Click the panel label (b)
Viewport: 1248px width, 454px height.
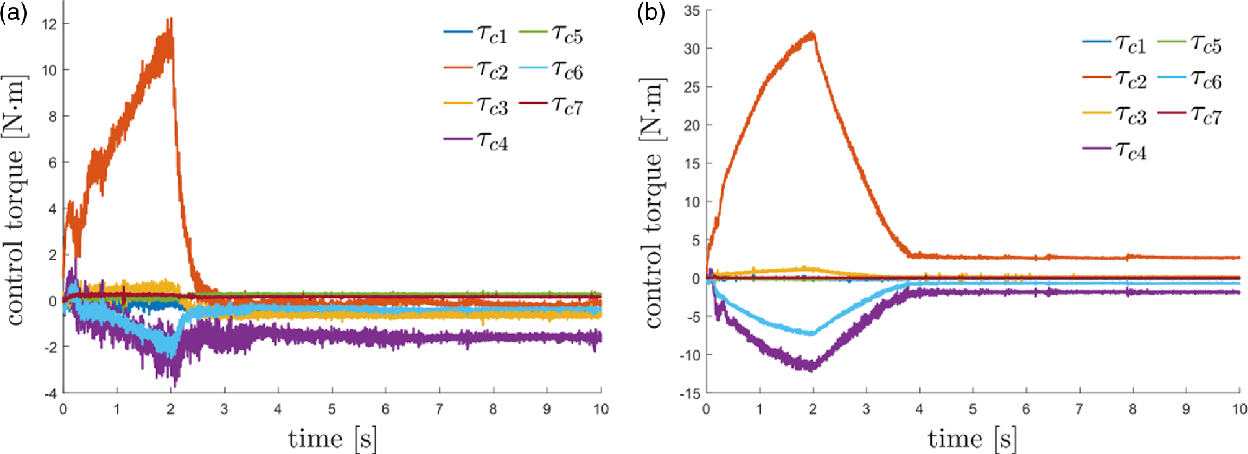click(651, 13)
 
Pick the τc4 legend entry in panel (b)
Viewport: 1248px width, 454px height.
click(1115, 150)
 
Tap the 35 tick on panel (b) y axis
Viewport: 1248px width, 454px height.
click(692, 10)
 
